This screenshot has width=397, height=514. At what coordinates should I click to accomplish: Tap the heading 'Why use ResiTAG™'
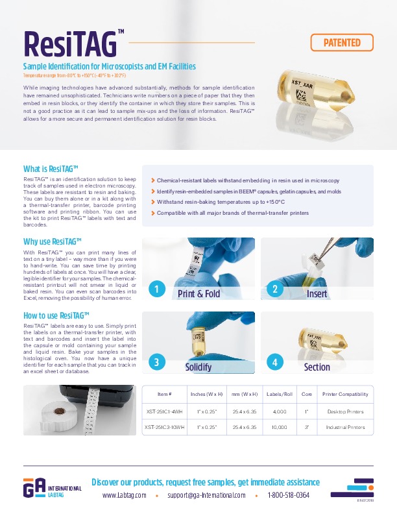[x=52, y=241]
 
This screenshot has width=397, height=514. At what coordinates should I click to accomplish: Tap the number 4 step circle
[x=275, y=363]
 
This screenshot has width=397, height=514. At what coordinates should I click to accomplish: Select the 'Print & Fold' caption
[x=198, y=293]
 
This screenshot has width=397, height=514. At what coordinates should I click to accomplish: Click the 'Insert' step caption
[x=317, y=293]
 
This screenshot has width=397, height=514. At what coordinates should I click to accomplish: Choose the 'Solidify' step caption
[x=198, y=367]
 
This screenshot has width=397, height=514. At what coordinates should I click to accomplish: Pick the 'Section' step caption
[x=317, y=367]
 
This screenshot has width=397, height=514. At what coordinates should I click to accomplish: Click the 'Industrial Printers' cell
[x=345, y=428]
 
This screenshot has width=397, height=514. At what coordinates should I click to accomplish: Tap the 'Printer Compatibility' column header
[x=345, y=394]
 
